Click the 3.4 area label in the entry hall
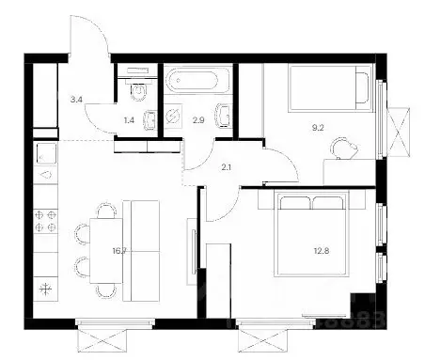[x=49, y=95]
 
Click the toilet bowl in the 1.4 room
[x=138, y=92]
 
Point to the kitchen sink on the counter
[x=44, y=152]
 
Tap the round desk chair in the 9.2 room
[x=344, y=147]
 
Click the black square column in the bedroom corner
[x=362, y=305]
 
